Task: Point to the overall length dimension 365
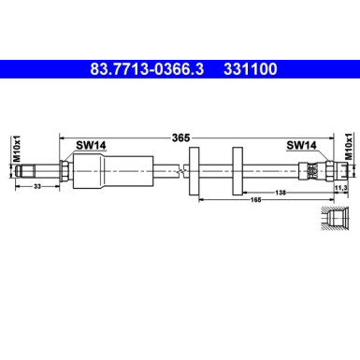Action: (180, 137)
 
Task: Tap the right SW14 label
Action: (300, 146)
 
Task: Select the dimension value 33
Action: (36, 187)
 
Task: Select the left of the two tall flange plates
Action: (194, 170)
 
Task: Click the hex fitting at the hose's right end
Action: (313, 170)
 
